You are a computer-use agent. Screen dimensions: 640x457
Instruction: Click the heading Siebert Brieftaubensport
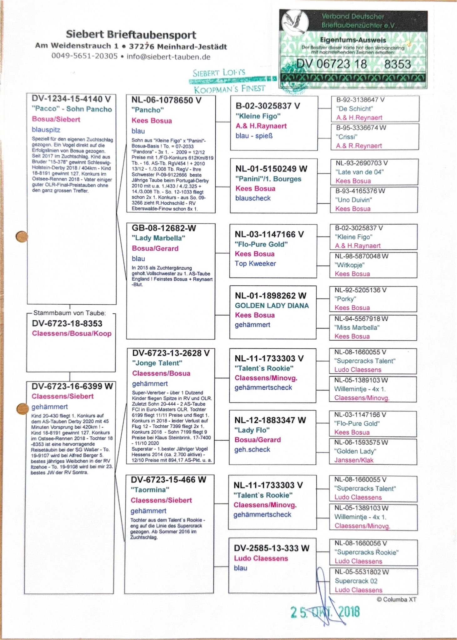[x=131, y=35]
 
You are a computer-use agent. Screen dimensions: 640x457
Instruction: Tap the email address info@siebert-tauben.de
[x=168, y=57]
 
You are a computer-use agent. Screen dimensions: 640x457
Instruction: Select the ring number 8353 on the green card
[x=397, y=64]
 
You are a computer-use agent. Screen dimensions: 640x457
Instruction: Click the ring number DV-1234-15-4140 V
[x=71, y=99]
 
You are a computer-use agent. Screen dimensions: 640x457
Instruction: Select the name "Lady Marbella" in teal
[x=158, y=238]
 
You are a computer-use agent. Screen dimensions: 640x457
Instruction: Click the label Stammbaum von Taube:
[x=69, y=313]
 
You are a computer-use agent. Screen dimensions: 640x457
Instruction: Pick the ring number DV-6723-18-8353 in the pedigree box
[x=67, y=323]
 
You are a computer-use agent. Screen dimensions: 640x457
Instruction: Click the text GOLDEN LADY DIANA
[x=272, y=306]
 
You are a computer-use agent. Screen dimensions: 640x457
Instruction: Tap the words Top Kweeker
[x=255, y=263]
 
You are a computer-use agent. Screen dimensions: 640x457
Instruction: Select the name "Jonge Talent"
[x=157, y=363]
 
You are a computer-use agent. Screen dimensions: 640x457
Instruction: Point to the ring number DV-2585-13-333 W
[x=271, y=548]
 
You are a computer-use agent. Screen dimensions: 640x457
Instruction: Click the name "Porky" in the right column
[x=345, y=299]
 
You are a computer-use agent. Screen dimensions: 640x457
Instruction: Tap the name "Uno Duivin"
[x=354, y=200]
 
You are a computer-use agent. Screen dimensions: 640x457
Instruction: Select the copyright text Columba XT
[x=396, y=599]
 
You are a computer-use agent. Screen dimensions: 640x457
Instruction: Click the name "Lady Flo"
[x=252, y=430]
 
